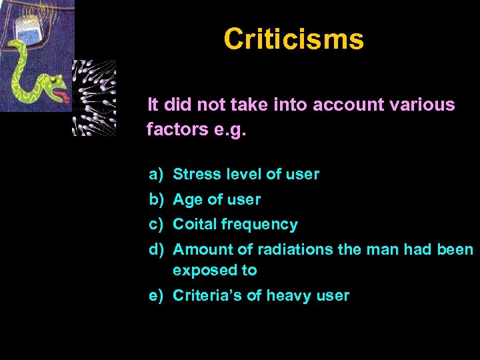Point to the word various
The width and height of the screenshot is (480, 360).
click(424, 105)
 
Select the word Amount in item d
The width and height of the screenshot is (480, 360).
click(199, 250)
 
